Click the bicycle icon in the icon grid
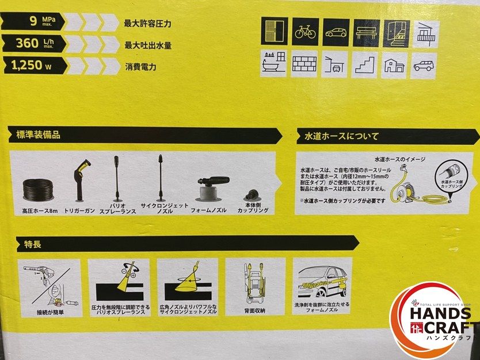(x=306, y=31)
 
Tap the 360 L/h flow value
(x=35, y=45)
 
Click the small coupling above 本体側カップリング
(x=253, y=194)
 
